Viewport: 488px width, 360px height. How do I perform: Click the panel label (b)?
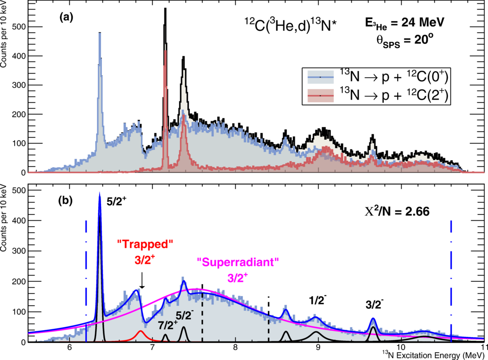pos(66,200)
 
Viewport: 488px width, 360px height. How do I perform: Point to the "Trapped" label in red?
pos(145,243)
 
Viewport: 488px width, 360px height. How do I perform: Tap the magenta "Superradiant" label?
pos(238,262)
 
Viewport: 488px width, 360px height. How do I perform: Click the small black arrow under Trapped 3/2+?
pos(142,281)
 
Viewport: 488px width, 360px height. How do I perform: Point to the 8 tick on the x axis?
pos(235,348)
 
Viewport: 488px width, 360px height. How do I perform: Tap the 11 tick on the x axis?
pos(482,348)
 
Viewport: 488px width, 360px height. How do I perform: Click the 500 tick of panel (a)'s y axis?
pos(20,27)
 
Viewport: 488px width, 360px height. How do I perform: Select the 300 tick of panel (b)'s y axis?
pos(20,251)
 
